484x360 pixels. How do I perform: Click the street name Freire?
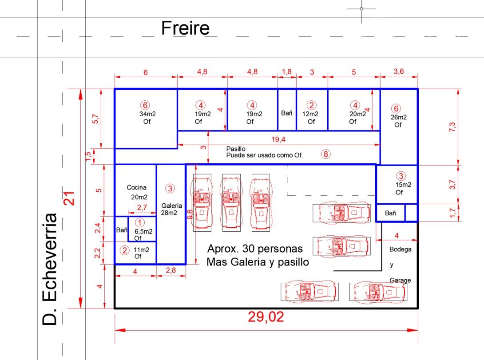point(186,28)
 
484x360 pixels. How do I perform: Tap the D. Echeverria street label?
point(50,269)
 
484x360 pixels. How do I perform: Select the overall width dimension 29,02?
point(266,317)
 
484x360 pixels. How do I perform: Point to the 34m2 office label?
point(147,114)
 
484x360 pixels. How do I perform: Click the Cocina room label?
point(136,187)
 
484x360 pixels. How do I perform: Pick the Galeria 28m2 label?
point(171,209)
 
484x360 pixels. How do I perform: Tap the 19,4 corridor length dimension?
point(278,139)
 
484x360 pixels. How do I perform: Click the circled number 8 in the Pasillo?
point(325,154)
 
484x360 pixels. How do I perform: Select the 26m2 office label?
point(398,117)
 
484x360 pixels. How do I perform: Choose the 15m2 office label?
point(403,185)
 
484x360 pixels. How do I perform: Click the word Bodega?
point(401,249)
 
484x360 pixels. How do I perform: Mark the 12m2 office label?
point(310,114)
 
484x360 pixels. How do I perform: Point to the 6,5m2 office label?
point(143,231)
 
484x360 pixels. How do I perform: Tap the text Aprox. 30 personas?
point(255,249)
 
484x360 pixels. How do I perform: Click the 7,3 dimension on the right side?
point(452,127)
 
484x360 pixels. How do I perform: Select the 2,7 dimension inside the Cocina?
point(142,207)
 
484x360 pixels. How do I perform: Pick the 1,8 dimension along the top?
point(287,71)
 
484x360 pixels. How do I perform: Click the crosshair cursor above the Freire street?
point(361,9)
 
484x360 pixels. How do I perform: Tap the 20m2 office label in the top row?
point(357,114)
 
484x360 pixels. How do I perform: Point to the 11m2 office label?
point(141,250)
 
